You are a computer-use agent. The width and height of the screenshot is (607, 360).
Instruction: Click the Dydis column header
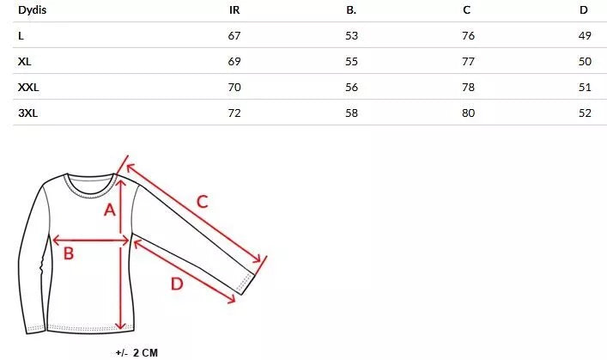click(x=32, y=10)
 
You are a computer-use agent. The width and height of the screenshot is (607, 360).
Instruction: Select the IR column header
click(x=234, y=10)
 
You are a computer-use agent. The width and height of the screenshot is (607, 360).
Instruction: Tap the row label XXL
click(x=28, y=87)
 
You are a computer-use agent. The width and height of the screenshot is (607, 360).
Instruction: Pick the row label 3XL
click(x=27, y=113)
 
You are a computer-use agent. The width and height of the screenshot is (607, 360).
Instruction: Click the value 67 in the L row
click(x=234, y=35)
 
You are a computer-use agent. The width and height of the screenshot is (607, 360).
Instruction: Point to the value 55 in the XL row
click(x=351, y=62)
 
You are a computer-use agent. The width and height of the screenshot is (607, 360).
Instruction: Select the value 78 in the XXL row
click(x=468, y=87)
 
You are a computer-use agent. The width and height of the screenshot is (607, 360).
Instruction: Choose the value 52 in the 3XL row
click(x=585, y=113)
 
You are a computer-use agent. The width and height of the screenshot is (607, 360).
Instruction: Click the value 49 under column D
click(x=585, y=35)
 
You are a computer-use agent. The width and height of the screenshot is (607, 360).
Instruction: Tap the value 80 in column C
click(x=468, y=113)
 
